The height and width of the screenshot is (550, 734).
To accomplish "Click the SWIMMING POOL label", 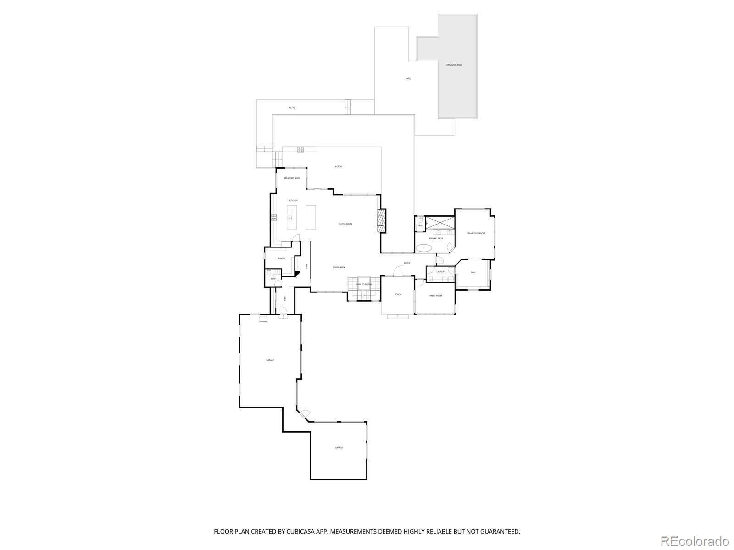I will pos(454,65).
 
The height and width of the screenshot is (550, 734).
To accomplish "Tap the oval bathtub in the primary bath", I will pos(424,248).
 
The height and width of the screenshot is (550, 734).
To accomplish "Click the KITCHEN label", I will pos(293,201).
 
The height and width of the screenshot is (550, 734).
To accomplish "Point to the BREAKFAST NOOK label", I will pos(292,178).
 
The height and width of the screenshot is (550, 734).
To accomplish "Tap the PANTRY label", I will pos(282,258).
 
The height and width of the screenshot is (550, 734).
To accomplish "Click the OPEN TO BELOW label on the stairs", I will pos(364,284).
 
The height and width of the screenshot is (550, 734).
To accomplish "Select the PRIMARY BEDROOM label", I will pos(475,234).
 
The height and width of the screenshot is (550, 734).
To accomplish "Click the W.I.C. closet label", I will pos(473,273).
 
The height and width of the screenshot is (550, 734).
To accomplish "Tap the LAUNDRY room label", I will pos(441,272).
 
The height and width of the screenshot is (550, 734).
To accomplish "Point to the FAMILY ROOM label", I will pos(435,296).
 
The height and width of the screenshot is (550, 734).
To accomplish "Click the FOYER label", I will pos(406,263).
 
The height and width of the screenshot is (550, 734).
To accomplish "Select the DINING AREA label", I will pos(339,267).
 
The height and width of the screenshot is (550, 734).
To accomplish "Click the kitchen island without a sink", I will pos(311,217).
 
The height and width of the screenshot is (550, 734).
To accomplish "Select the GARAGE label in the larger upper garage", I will pos(270,360).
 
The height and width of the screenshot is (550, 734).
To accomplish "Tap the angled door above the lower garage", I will pos(304,415).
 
